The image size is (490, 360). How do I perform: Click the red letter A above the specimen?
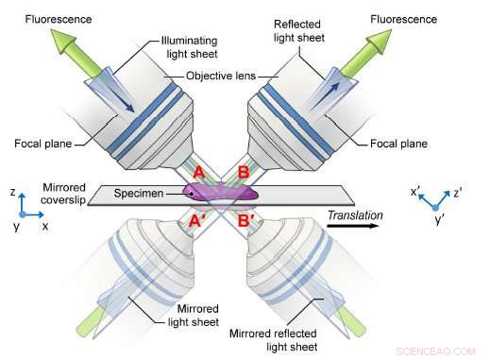pos(199,173)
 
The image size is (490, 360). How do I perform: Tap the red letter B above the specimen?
pos(243,173)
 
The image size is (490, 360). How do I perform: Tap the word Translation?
pos(354,215)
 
